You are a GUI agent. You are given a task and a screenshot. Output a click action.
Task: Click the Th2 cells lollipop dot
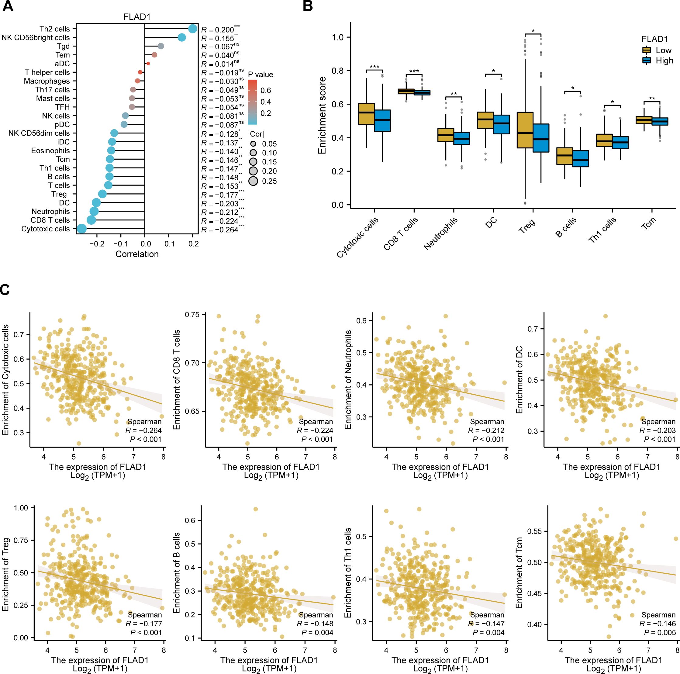coord(192,29)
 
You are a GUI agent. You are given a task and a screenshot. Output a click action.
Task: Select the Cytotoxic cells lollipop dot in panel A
coord(81,229)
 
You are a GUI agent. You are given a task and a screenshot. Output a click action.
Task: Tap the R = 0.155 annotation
coord(219,38)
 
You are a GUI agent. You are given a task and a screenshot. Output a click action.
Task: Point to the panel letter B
coord(308,6)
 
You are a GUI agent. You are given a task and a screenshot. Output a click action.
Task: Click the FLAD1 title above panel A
coord(137,17)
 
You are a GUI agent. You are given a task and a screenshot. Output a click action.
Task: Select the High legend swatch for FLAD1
coord(646,60)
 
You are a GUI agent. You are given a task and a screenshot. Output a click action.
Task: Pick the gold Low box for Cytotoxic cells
coord(366,114)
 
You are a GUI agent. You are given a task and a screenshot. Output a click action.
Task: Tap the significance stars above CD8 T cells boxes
coord(414,71)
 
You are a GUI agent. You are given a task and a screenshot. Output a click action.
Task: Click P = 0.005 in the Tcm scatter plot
coord(660,632)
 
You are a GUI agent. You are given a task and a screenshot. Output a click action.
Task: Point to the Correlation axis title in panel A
coord(137,254)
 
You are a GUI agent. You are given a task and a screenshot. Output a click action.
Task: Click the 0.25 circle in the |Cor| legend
coord(253,181)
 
